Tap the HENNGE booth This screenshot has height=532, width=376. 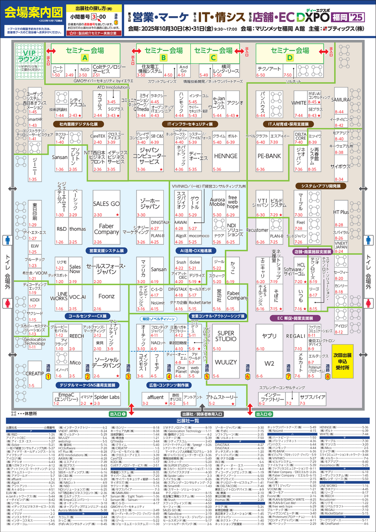(226, 156)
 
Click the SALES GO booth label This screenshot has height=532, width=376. (106, 203)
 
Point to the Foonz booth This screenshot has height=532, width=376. (106, 296)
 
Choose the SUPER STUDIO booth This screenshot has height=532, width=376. (226, 336)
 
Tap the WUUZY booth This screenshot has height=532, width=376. (226, 362)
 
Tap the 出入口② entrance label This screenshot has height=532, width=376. (264, 414)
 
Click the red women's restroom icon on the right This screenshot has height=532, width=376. (368, 302)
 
